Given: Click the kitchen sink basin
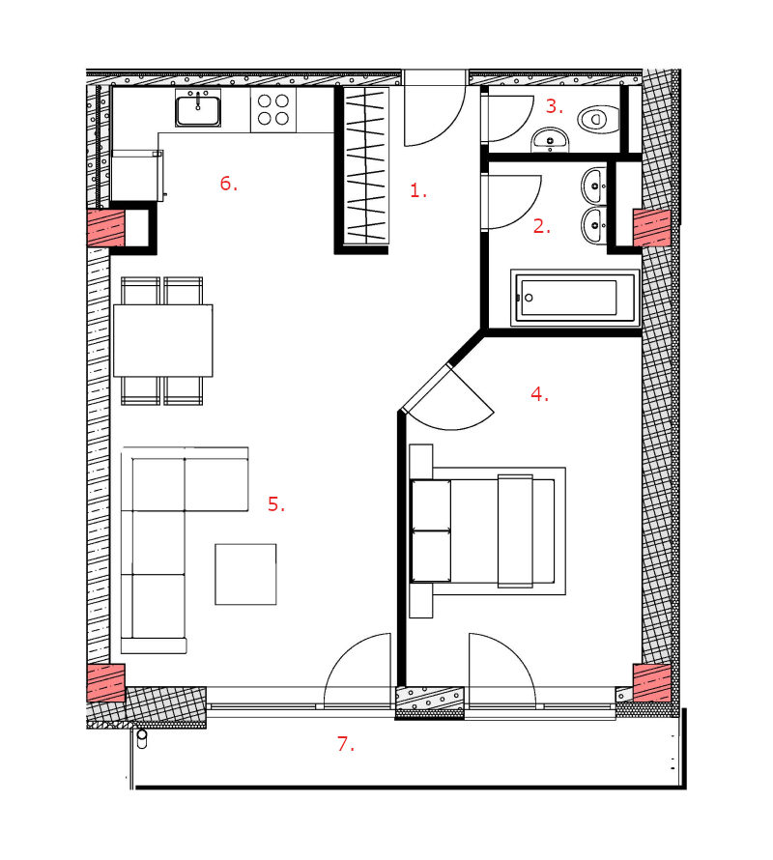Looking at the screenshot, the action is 198,110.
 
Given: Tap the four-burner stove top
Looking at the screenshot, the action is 273,110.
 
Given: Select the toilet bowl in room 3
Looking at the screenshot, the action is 598,119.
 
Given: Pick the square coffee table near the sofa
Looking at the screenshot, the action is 245,574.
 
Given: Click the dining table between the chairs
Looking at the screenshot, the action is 163,340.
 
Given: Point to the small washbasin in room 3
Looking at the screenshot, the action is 550,140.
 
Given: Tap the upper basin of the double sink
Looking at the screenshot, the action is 594,186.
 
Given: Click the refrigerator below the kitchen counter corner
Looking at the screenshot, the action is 136,176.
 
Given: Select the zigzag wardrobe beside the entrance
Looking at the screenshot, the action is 366,165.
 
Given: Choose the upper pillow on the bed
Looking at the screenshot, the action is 431,505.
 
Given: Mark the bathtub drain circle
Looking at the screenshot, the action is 529,298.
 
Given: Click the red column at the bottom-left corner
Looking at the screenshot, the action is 106,683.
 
